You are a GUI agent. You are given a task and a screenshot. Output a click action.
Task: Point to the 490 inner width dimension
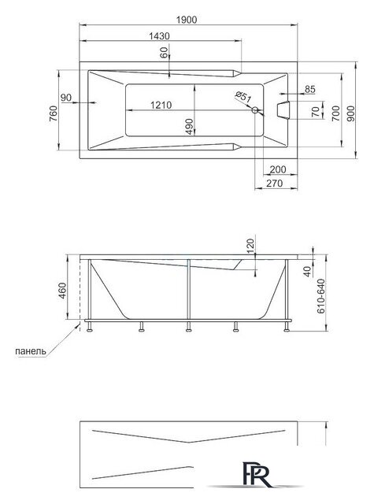point(189,128)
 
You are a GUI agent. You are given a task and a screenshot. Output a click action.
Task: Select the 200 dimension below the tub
point(277,170)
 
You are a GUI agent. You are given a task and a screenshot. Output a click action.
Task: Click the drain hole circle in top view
point(254,111)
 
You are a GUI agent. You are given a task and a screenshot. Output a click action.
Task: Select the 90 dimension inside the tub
point(66,98)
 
